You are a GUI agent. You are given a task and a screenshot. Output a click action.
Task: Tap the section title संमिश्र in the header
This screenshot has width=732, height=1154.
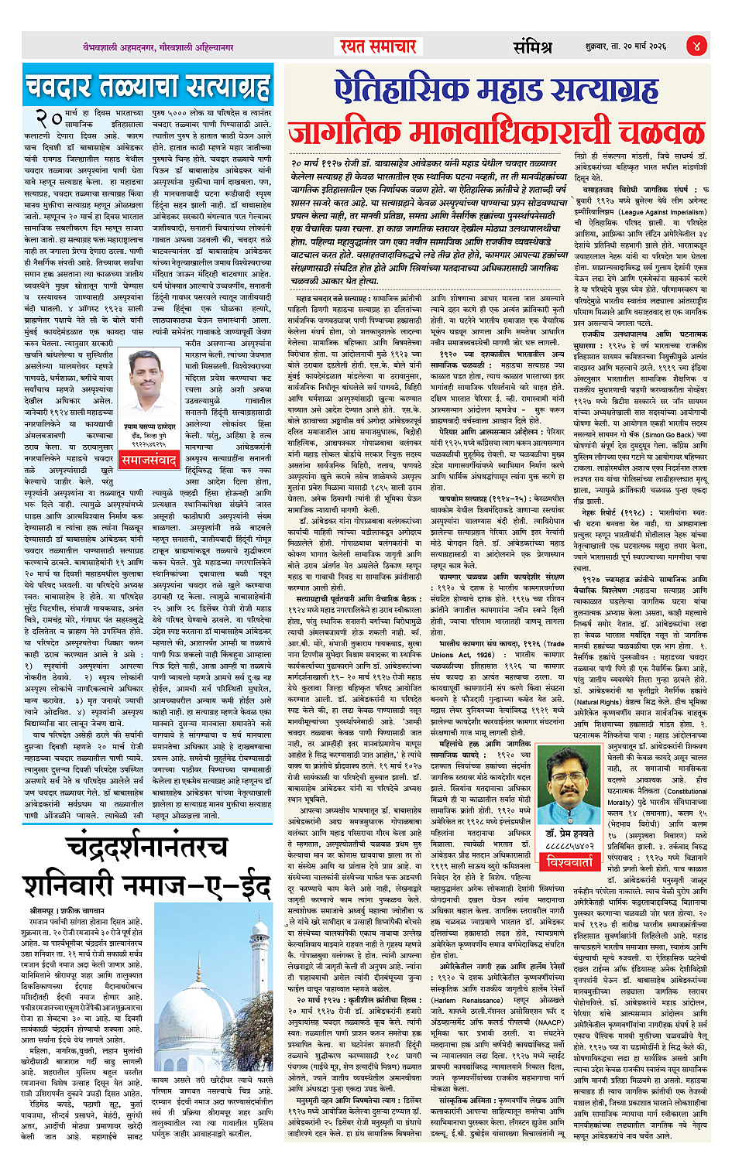pyautogui.click(x=532, y=46)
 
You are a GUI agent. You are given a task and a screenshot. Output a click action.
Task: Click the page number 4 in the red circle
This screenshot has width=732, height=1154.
pyautogui.click(x=696, y=46)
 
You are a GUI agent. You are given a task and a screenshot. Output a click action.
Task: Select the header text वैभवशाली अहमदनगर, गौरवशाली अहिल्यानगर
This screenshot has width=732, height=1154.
pyautogui.click(x=159, y=47)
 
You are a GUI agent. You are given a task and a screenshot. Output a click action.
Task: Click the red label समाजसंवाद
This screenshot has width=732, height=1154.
pyautogui.click(x=149, y=459)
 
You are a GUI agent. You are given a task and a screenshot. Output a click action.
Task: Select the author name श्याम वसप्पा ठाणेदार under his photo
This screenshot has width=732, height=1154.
pyautogui.click(x=149, y=426)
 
